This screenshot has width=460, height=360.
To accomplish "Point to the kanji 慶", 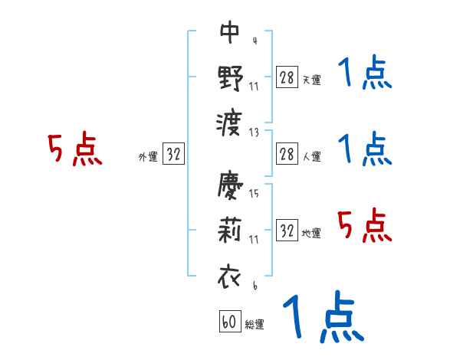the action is [230, 186].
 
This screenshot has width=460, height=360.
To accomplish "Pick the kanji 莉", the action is [230, 231].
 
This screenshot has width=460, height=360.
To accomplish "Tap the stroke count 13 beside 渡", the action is [254, 132].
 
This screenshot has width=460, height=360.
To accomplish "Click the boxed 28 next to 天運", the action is [287, 77].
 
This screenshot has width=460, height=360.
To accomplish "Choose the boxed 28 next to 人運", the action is [287, 154].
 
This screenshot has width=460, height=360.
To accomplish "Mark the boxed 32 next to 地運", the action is [287, 231].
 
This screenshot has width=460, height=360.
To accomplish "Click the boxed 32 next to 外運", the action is [173, 155].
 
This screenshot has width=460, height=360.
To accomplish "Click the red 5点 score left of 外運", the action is [74, 150].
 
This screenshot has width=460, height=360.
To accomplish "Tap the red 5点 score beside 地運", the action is [364, 226].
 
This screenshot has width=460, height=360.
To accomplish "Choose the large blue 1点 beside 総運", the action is [323, 318].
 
